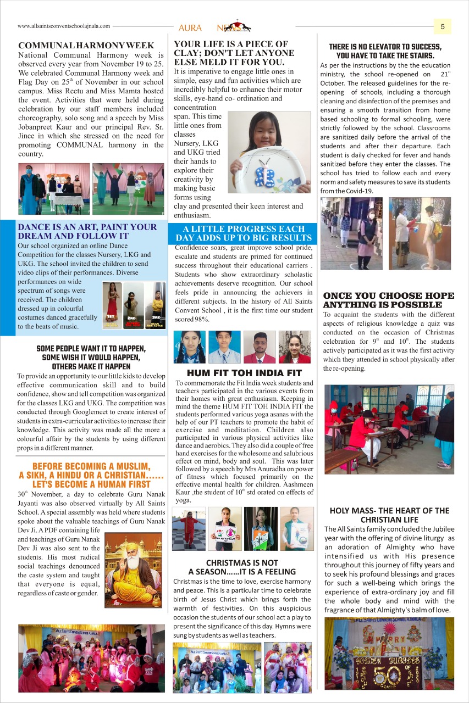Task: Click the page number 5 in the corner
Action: tap(443, 26)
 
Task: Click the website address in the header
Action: tap(64, 26)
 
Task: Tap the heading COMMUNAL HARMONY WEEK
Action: tap(86, 46)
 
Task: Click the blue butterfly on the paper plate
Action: tap(266, 177)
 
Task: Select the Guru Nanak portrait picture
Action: tap(133, 570)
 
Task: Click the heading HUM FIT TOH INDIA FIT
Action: tap(244, 373)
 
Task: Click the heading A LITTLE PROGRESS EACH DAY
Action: tap(244, 228)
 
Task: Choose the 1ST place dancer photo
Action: tap(112, 305)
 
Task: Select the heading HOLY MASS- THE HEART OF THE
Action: tap(389, 510)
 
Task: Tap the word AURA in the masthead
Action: tap(190, 27)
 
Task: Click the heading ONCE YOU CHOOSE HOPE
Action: tap(389, 295)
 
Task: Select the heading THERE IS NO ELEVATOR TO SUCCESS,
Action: tap(385, 47)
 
